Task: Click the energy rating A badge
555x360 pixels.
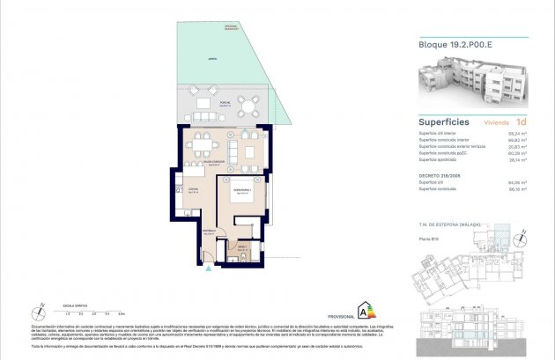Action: tap(360, 311)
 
